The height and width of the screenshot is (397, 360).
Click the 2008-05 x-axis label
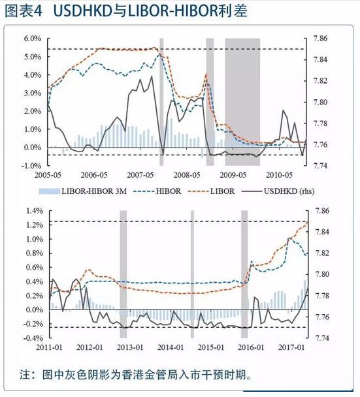coord(188,176)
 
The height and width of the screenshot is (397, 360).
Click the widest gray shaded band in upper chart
coord(242,98)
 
